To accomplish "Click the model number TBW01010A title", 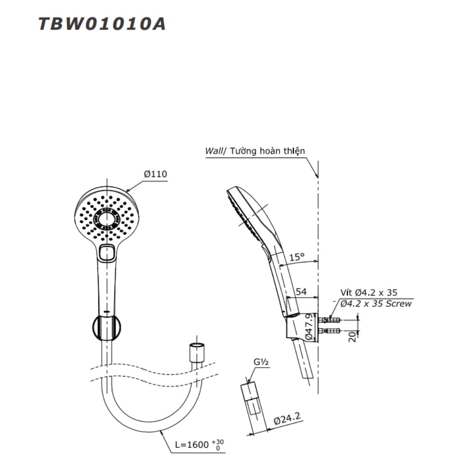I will (x=102, y=24).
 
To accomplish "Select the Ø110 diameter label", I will (x=155, y=174).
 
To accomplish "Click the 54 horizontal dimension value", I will (x=302, y=292).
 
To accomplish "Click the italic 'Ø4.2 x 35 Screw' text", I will (x=376, y=303).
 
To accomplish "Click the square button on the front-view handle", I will (x=107, y=252).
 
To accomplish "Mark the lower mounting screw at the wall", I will (x=331, y=332).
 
